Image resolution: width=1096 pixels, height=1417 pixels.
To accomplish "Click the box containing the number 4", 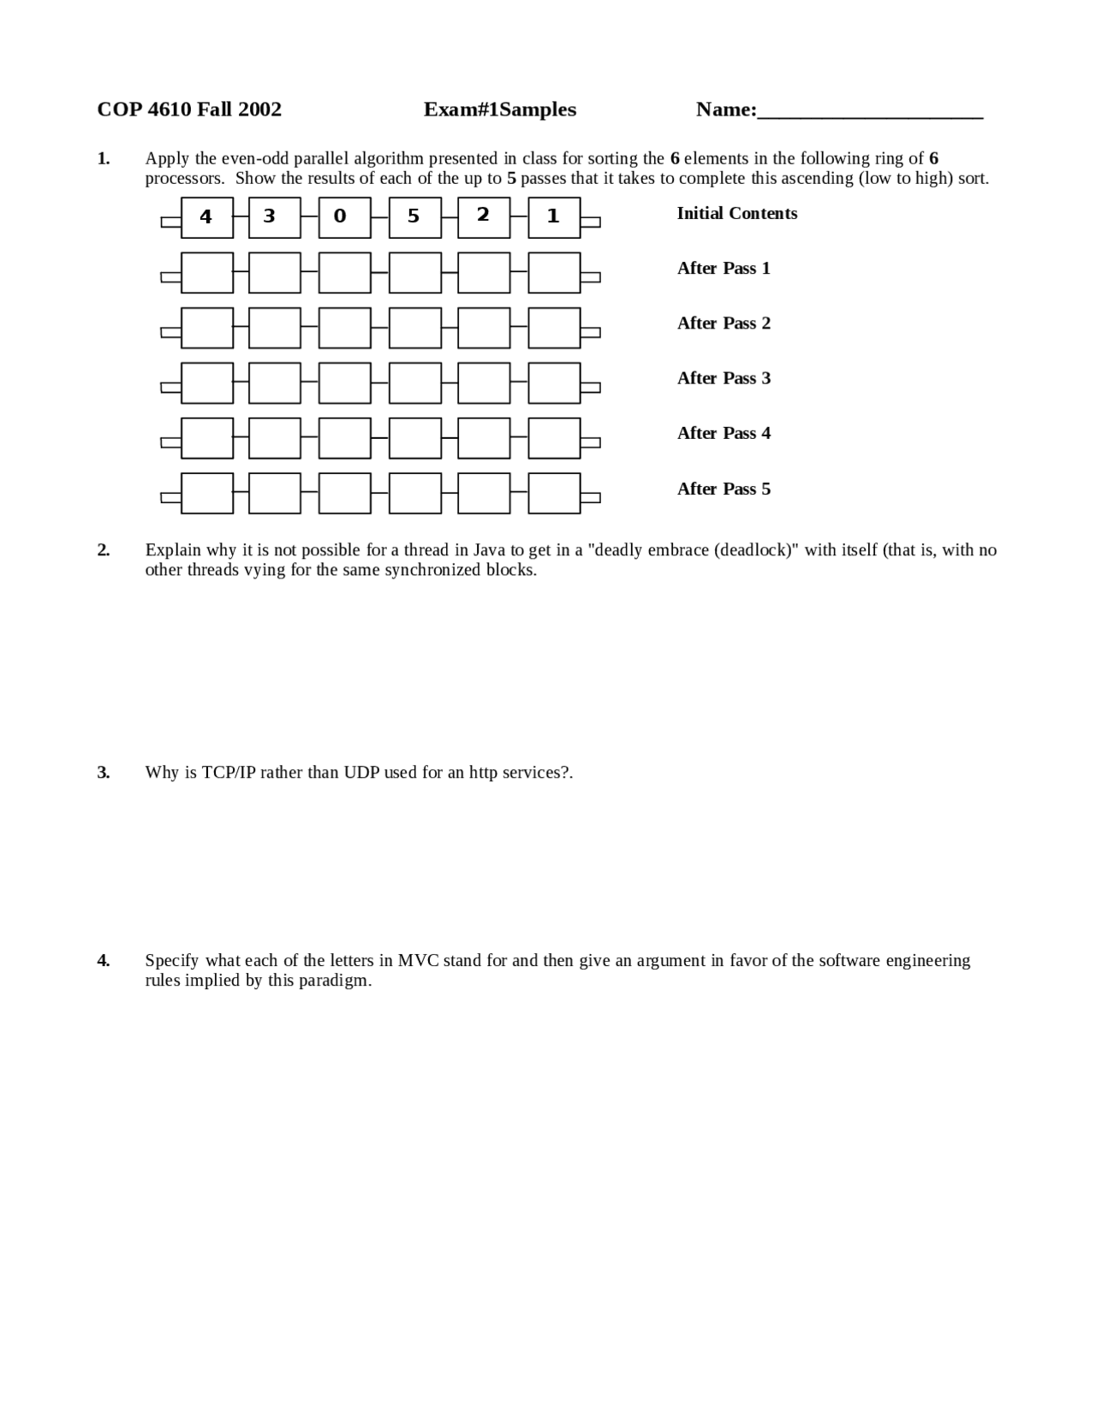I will pyautogui.click(x=207, y=217).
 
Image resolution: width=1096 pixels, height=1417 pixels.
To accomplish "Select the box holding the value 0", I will pyautogui.click(x=344, y=217).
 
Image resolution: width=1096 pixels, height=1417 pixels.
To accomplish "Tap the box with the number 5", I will pyautogui.click(x=414, y=217).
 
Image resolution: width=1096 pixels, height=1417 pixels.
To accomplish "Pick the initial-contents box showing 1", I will pyautogui.click(x=554, y=217).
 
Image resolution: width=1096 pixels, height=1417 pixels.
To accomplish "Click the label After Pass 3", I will pyautogui.click(x=724, y=378).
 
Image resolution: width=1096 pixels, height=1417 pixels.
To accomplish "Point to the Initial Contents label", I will pyautogui.click(x=736, y=214).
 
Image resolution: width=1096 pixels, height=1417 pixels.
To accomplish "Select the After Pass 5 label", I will pyautogui.click(x=724, y=489).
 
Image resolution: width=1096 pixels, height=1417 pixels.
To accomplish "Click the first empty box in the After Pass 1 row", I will pyautogui.click(x=207, y=272).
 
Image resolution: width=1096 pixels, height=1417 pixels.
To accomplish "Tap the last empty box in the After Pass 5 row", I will pyautogui.click(x=554, y=493).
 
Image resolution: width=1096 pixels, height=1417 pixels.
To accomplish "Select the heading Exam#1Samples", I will pyautogui.click(x=499, y=110).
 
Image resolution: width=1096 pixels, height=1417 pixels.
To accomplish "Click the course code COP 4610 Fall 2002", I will pyautogui.click(x=189, y=110).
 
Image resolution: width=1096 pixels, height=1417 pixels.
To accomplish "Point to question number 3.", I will pyautogui.click(x=104, y=773).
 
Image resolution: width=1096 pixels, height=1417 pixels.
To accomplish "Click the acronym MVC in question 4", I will pyautogui.click(x=418, y=960).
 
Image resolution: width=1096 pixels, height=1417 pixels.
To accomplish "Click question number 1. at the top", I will pyautogui.click(x=104, y=158).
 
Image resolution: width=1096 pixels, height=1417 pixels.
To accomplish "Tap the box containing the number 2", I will pyautogui.click(x=484, y=217).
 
